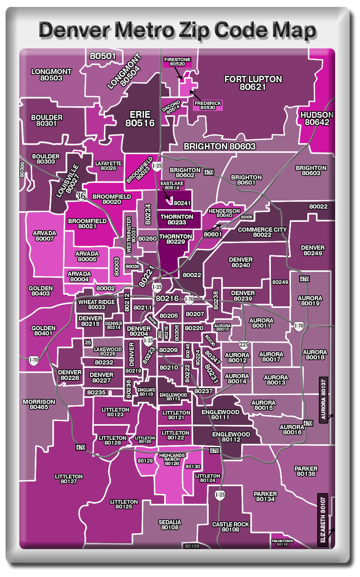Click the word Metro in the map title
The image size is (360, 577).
142,31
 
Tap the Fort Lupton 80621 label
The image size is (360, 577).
253,83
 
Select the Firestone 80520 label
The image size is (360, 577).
177,62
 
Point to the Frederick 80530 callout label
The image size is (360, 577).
208,105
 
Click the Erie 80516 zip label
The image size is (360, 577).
140,119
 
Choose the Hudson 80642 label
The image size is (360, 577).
317,119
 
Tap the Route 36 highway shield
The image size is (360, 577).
81,196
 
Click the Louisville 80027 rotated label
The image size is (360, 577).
68,180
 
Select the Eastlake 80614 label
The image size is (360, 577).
172,185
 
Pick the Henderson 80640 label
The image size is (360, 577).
224,213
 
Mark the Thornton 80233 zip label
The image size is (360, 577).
177,220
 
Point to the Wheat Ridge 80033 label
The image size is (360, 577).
96,305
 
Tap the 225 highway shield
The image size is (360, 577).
243,344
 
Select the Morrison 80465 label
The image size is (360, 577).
39,404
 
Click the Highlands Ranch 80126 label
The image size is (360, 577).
172,459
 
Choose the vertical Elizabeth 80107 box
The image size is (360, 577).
323,520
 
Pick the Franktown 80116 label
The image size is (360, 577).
282,542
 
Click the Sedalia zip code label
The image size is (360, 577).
170,525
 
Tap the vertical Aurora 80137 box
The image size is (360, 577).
324,400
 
